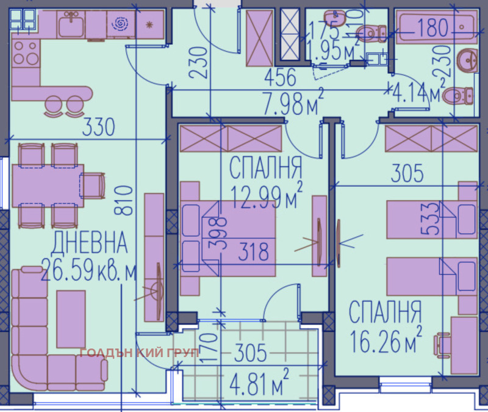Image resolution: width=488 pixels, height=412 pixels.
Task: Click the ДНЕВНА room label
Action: click(x=90, y=244)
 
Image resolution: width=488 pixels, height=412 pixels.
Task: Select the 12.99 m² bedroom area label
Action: click(x=267, y=194)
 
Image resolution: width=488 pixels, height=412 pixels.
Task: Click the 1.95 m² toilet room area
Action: click(x=332, y=50)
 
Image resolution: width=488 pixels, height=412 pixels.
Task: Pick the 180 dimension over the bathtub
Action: click(x=432, y=27)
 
